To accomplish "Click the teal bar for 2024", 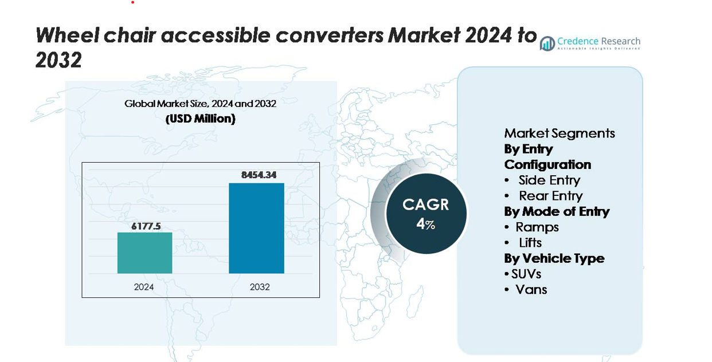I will coord(144,253).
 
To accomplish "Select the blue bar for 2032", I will coord(256,228).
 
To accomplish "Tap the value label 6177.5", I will coord(144,226).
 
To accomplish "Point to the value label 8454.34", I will coord(259,175).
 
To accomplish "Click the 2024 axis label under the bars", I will coord(144,287).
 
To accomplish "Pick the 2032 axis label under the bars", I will coord(260,287).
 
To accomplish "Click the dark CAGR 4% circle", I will coord(426,213).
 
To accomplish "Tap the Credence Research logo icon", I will coord(547,43).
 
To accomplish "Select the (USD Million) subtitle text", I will coord(200,119).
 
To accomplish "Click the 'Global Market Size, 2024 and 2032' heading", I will coord(200,104).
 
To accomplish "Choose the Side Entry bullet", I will coord(549,180).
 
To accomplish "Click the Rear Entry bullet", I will coord(550,196).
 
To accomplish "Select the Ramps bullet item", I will coord(537,227).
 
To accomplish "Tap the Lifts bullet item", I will coord(530,243).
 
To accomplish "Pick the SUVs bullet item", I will coord(526,274).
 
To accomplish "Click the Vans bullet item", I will coord(531,289).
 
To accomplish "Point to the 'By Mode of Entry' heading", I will coord(557,211).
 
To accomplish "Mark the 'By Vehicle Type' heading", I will coord(554,258).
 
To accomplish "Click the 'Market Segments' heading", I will coord(560,133).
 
